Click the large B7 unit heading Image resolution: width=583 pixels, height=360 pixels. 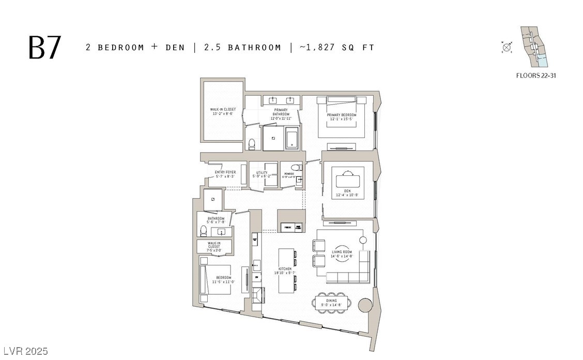(45, 48)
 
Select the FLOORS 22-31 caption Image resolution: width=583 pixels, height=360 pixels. (536, 76)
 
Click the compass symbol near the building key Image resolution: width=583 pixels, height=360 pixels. (507, 48)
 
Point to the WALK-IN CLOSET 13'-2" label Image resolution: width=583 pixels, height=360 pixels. (223, 112)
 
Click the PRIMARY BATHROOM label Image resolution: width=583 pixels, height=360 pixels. (281, 114)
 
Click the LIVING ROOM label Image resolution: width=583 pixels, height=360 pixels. (342, 254)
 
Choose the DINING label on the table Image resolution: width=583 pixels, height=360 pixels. (331, 303)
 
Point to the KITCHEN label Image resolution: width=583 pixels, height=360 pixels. (285, 271)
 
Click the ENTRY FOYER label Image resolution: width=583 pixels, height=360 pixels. (225, 174)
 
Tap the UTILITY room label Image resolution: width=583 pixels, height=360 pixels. (262, 174)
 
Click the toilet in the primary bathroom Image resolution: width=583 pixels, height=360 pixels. (252, 144)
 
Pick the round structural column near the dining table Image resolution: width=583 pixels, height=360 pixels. (363, 305)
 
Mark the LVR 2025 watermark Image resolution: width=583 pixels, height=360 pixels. (25, 352)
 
